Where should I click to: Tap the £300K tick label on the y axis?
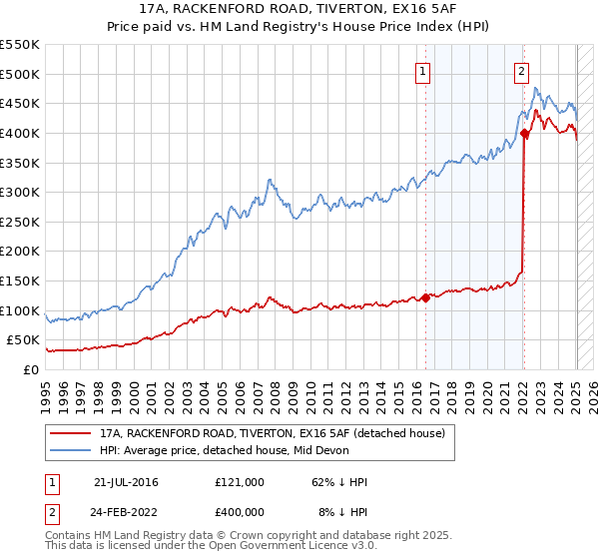[x=21, y=192]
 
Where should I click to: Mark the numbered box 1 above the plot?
[x=424, y=71]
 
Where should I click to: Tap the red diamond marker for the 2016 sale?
[x=425, y=296]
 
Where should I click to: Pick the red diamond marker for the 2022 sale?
[x=524, y=133]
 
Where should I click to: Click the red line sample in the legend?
[x=69, y=432]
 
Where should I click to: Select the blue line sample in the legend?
[x=69, y=450]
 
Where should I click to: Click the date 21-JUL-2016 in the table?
[x=126, y=482]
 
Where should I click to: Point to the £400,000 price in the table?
[x=240, y=510]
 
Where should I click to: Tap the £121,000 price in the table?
[x=240, y=482]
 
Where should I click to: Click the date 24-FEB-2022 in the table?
[x=126, y=510]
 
